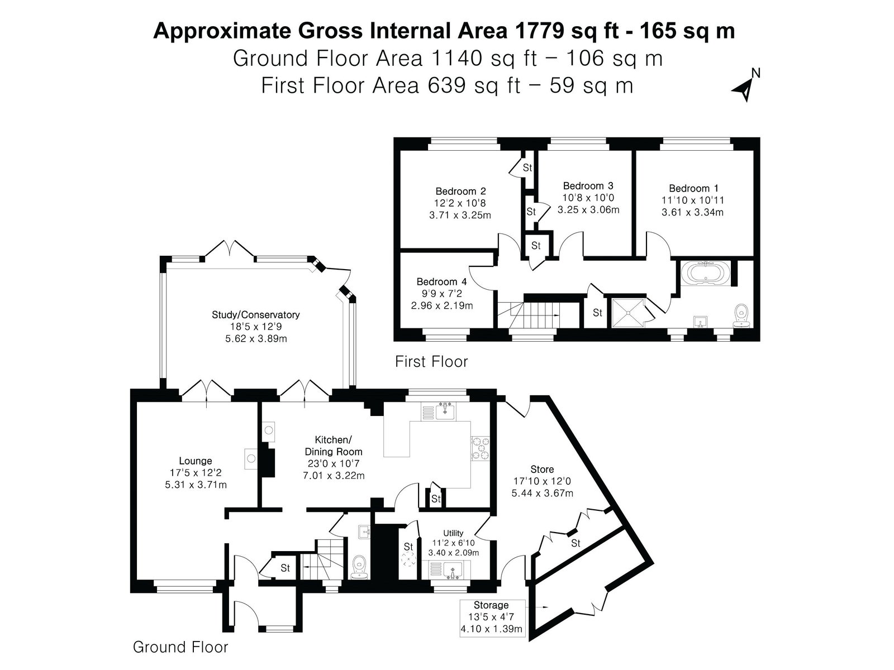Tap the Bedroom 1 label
point(693,188)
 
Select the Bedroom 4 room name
point(441,281)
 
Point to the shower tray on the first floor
point(627,313)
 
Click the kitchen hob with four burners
point(481,449)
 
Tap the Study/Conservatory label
point(256,314)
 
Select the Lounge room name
point(196,461)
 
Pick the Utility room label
point(453,533)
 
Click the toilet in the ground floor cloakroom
point(359,567)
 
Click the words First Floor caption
point(432,362)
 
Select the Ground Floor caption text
point(180,647)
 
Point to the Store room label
point(542,470)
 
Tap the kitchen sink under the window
point(445,411)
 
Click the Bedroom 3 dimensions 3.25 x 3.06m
point(588,210)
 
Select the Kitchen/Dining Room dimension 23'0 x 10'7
point(334,463)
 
